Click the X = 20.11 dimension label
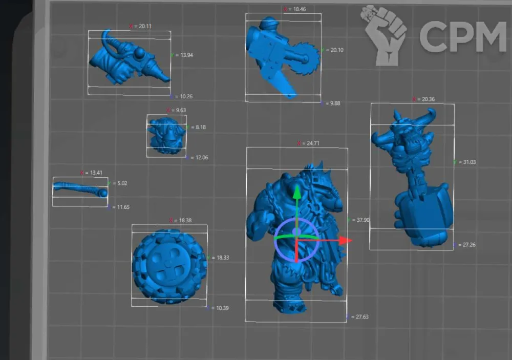pyautogui.click(x=140, y=26)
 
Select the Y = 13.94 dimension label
pyautogui.click(x=182, y=55)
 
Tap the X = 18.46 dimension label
pyautogui.click(x=295, y=9)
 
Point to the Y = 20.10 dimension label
pyautogui.click(x=332, y=50)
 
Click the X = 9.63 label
pyautogui.click(x=176, y=110)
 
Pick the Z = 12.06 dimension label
pyautogui.click(x=197, y=157)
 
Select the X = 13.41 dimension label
pyautogui.click(x=91, y=173)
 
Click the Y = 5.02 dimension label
pyautogui.click(x=118, y=183)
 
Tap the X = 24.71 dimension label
pyautogui.click(x=308, y=143)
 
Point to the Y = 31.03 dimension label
pyautogui.click(x=465, y=162)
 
